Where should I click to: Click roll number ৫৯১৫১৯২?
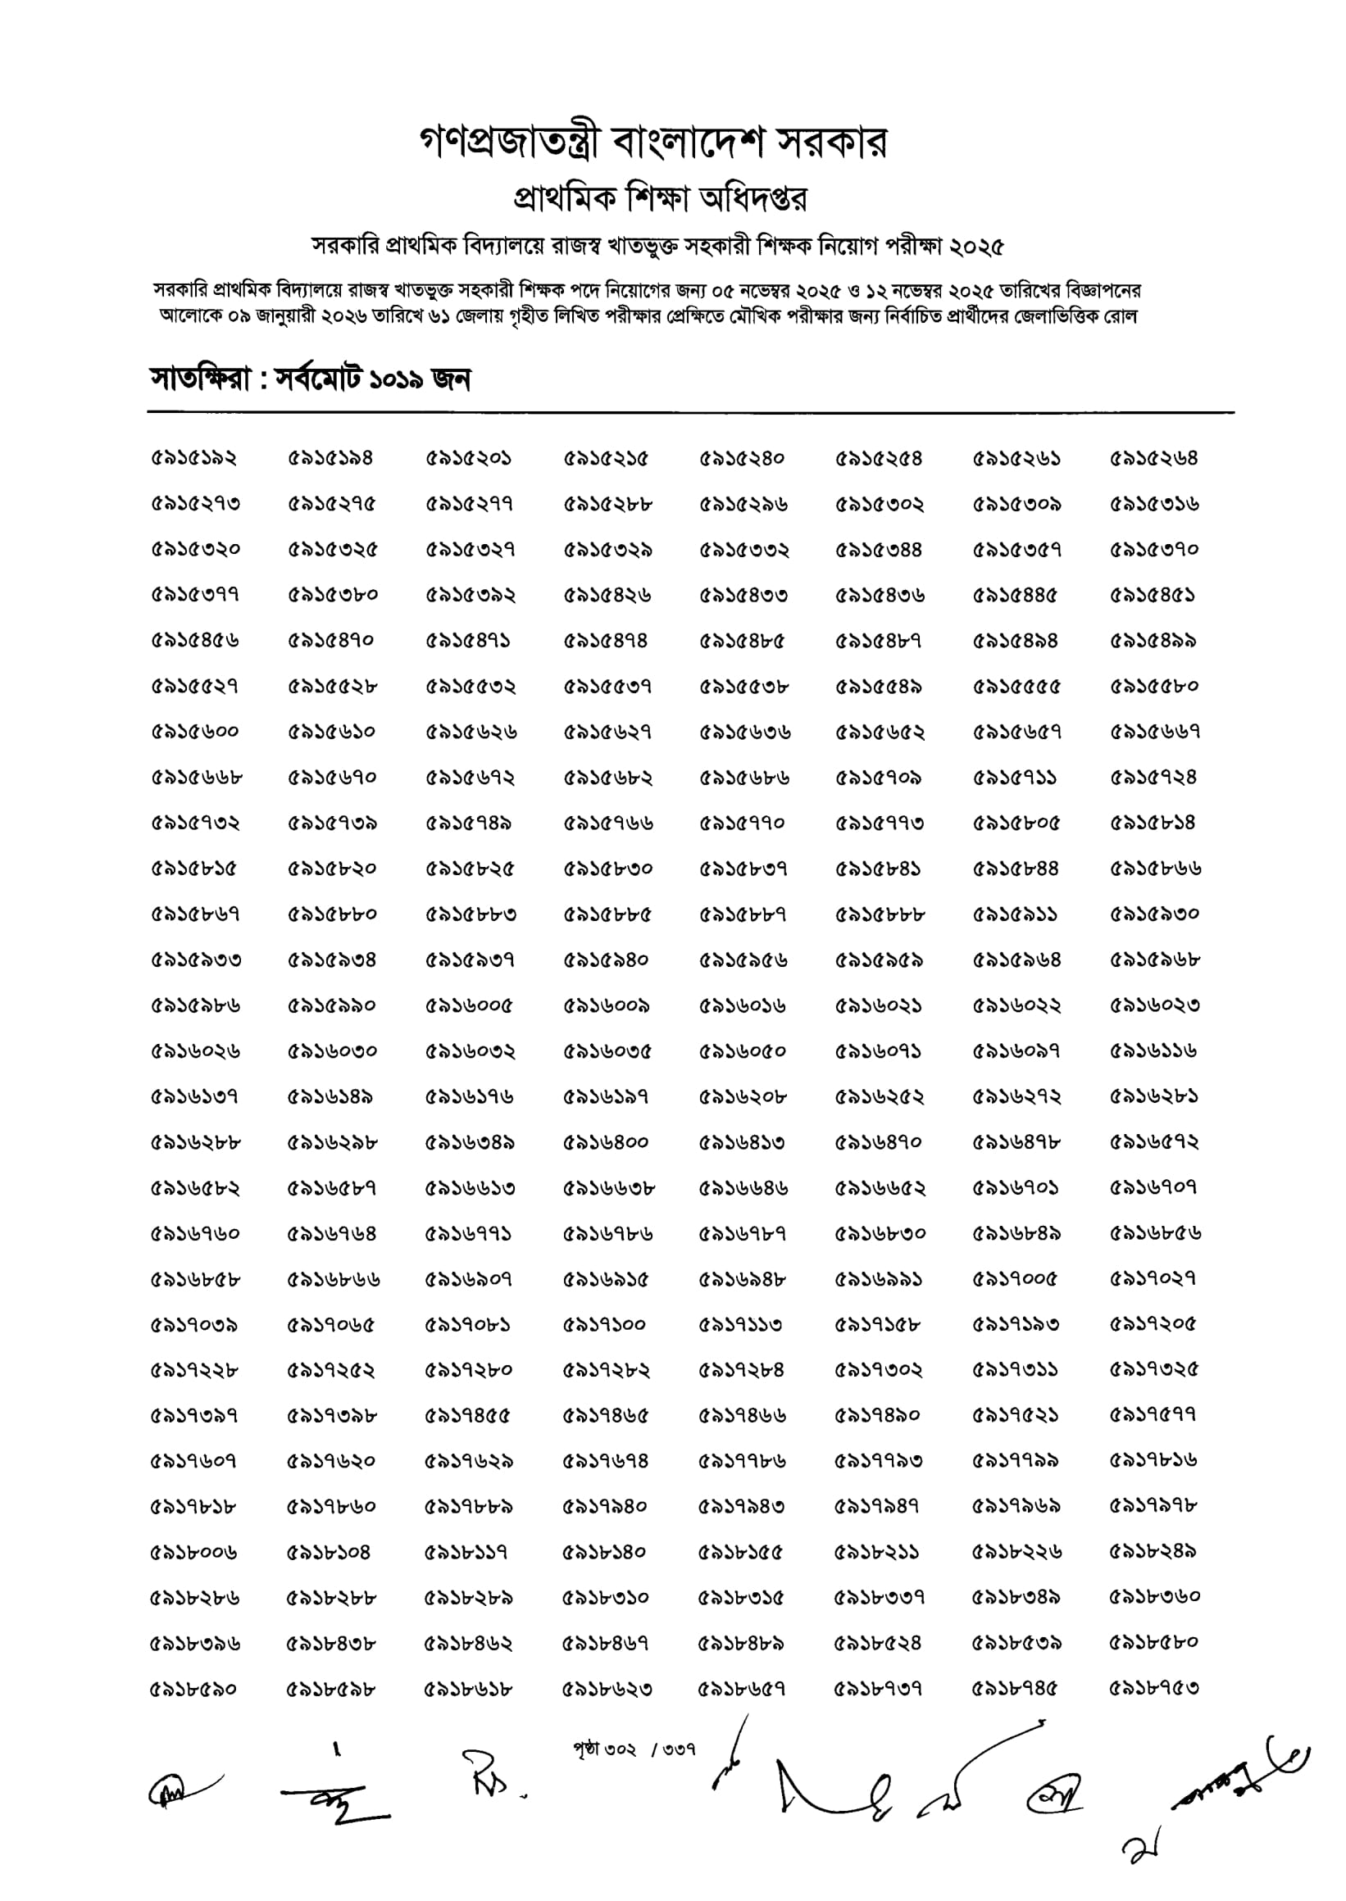(194, 458)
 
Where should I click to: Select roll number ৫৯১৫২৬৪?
(1153, 458)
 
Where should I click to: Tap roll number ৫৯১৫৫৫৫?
(1016, 687)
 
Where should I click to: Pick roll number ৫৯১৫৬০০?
(194, 733)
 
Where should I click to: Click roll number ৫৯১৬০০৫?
(469, 1005)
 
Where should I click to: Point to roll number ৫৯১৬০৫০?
(743, 1051)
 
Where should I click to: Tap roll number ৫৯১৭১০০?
(604, 1324)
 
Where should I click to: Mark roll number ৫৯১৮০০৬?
(194, 1551)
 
